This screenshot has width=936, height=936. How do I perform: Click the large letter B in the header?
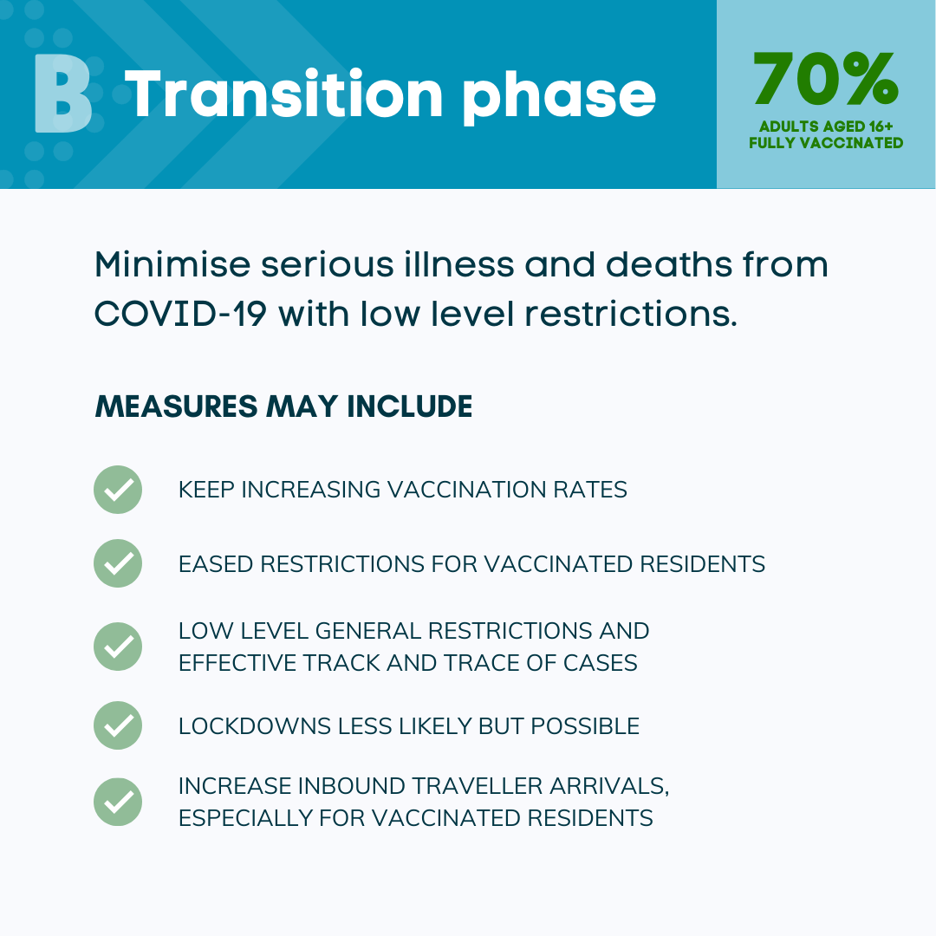[x=62, y=93]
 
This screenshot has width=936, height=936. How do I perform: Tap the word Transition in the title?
[x=283, y=94]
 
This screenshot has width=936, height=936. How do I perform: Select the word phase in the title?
[x=559, y=99]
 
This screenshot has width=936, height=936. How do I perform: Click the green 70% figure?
[x=826, y=78]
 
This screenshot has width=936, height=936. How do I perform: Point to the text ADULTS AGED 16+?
[x=826, y=127]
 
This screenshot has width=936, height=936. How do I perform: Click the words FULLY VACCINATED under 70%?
[x=826, y=143]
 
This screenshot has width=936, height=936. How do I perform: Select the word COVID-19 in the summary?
[x=180, y=314]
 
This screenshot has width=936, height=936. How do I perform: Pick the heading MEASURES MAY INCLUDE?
[x=283, y=406]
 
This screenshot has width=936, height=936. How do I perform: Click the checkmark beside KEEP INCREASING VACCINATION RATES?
[x=118, y=490]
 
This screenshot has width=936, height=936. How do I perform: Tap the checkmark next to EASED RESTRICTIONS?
[x=118, y=563]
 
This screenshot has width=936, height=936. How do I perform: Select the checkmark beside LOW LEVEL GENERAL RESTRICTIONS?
[x=118, y=647]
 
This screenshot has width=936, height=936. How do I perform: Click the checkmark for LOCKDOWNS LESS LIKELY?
[x=118, y=725]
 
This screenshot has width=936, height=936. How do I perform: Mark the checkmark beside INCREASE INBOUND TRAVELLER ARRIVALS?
[x=118, y=802]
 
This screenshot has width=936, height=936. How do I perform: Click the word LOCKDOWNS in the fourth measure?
[x=255, y=726]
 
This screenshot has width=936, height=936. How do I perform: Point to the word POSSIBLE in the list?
[x=585, y=726]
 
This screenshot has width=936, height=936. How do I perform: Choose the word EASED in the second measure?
[x=216, y=564]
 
